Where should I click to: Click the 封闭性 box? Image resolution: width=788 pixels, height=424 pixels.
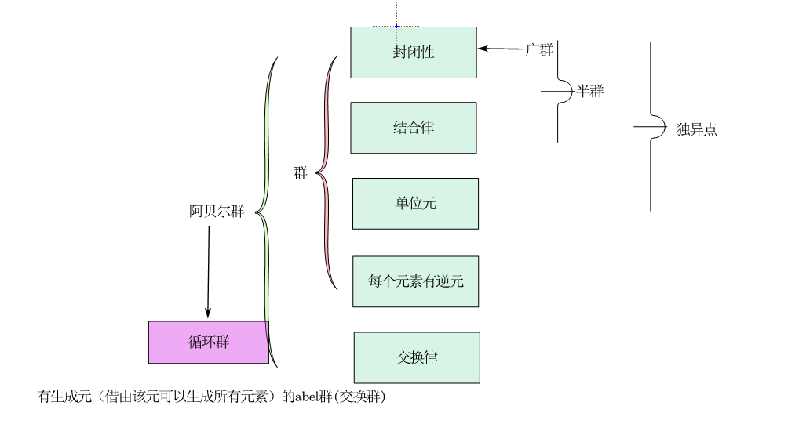(x=413, y=53)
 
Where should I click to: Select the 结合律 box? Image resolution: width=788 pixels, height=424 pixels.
(x=413, y=128)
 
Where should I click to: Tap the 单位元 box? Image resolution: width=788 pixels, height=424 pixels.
(x=415, y=203)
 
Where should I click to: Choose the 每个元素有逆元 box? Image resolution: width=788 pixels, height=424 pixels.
(x=415, y=281)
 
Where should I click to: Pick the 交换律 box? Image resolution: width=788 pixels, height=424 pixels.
(x=416, y=357)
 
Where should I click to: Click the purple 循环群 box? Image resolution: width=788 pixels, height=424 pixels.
(x=209, y=342)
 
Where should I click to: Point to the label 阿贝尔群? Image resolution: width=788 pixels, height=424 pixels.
(x=217, y=212)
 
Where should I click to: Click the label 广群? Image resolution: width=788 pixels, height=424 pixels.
(x=539, y=50)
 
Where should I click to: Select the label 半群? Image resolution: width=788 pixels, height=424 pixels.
(x=590, y=91)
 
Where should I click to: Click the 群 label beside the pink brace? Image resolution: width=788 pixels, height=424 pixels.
(x=301, y=173)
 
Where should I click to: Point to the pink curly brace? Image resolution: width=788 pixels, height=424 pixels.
(x=325, y=172)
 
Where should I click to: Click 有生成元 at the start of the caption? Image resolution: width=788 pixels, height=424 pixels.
(x=57, y=399)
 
